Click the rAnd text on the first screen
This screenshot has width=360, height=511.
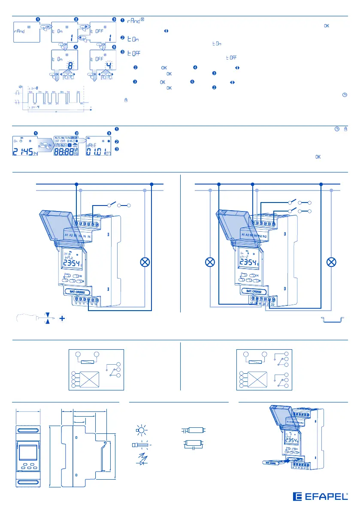point(20,37)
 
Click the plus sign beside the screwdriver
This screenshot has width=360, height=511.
point(63,318)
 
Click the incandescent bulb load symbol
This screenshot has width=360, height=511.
point(140,429)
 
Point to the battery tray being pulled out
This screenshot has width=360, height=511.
point(275,463)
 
